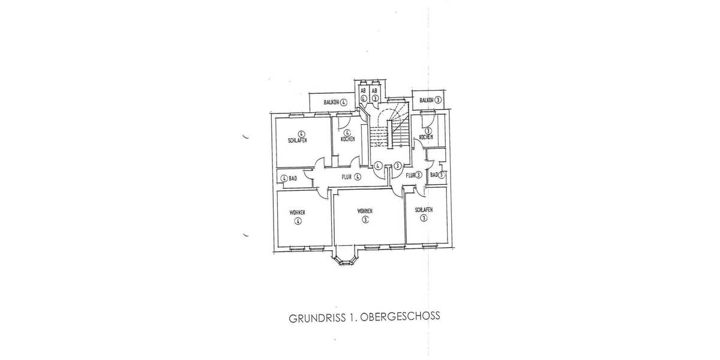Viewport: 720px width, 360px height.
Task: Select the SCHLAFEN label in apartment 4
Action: point(298,140)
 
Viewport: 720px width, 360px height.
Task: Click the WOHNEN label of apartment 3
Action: point(365,211)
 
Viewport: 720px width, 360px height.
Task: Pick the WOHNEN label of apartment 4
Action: point(298,213)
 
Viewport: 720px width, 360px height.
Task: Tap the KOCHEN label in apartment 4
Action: point(347,139)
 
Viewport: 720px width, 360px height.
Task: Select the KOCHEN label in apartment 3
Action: point(427,137)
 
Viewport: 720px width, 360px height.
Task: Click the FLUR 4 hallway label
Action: point(350,177)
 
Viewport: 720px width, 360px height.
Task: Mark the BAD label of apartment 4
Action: point(289,178)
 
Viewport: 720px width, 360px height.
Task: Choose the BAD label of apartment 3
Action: point(436,175)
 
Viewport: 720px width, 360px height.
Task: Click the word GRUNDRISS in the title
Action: point(313,317)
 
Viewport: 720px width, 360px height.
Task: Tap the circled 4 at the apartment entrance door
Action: point(379,166)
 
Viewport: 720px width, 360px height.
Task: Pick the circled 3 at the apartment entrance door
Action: point(397,166)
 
